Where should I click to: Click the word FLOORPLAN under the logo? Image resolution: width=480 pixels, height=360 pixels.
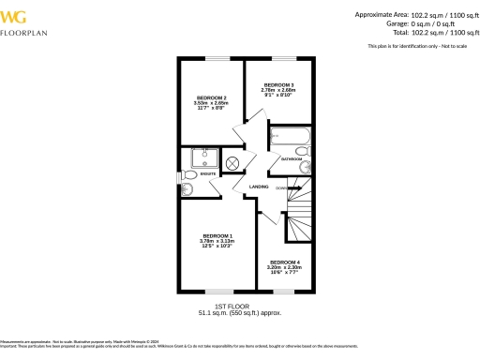(24, 33)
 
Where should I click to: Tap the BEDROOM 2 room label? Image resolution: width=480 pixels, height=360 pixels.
(211, 97)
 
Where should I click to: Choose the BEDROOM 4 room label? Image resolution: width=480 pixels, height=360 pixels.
(284, 262)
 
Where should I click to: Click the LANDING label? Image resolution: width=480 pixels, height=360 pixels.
(259, 187)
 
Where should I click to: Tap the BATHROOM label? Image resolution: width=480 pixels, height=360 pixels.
(292, 159)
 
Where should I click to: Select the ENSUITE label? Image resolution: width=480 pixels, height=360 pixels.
(208, 173)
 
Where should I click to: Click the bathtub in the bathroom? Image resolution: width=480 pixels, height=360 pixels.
(290, 140)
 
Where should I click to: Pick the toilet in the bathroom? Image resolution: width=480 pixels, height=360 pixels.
(302, 151)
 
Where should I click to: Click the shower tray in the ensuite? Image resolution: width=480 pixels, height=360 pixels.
(204, 157)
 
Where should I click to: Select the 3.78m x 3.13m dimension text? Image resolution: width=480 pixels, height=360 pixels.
(217, 242)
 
